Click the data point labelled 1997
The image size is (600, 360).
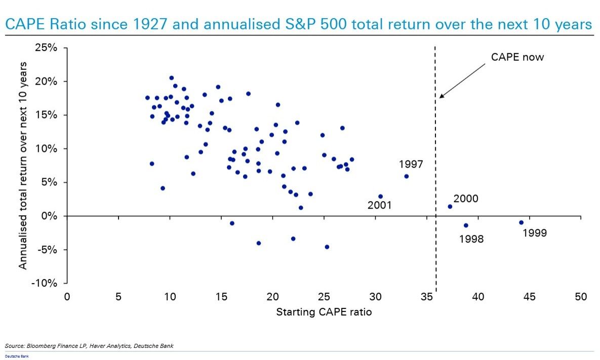pos(406,176)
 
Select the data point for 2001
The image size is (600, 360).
pos(380,196)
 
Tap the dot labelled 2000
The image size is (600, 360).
pos(450,206)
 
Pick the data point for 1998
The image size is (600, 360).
pos(466,225)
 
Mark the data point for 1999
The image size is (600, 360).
pos(521,222)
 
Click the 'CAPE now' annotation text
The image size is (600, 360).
pos(517,57)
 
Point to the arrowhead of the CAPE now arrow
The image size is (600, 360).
pos(441,97)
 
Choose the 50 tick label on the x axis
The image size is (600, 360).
pos(581,297)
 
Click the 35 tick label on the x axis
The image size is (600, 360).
pos(426,297)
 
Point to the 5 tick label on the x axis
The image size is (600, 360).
pos(118,297)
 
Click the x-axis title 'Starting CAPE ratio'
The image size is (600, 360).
pos(324,312)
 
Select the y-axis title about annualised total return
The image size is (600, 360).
pos(23,166)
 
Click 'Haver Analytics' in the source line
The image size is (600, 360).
pos(104,346)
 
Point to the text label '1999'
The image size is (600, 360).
pos(535,233)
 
